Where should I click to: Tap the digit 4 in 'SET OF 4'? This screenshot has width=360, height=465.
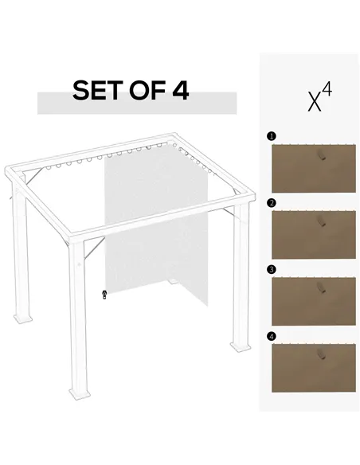tap(180, 90)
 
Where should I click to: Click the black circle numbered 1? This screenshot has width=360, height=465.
tap(271, 136)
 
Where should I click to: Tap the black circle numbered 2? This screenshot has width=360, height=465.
tap(271, 203)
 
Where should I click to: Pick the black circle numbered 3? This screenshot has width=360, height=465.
tap(271, 269)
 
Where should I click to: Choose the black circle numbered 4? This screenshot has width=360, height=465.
tap(271, 335)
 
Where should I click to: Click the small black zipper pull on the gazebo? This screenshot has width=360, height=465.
tap(104, 295)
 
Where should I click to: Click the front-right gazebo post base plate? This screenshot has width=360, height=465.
tap(239, 347)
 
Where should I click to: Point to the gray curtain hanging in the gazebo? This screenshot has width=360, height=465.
tap(155, 231)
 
